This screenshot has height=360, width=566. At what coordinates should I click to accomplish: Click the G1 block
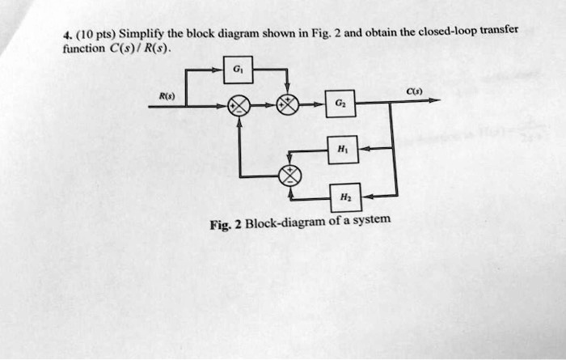(237, 70)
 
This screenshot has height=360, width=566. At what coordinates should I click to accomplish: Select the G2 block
(340, 104)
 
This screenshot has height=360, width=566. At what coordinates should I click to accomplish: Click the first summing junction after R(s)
(238, 105)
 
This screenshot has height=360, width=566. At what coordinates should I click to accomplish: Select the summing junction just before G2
(289, 105)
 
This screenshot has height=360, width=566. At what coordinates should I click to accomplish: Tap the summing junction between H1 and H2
(289, 174)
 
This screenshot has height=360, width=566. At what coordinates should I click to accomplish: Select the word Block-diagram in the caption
(282, 222)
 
